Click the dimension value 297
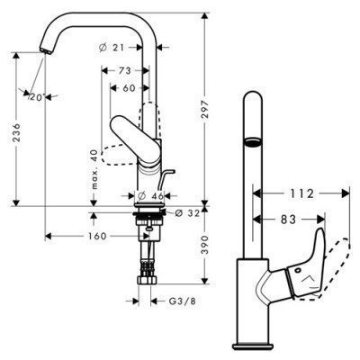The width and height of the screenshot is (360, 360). click(x=214, y=110)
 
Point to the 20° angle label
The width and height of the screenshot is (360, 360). click(x=35, y=96)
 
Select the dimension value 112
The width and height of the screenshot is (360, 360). click(x=302, y=192)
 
